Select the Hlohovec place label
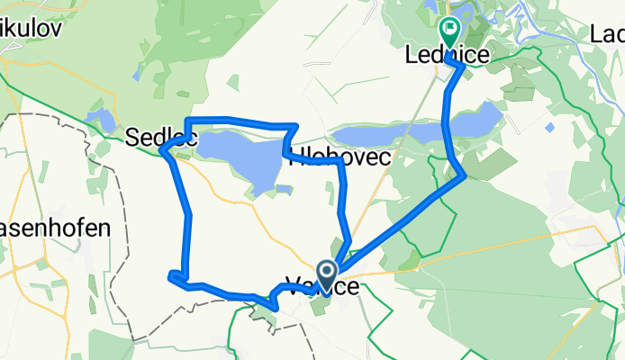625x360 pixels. click(339, 157)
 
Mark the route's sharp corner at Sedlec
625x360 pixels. click(163, 151)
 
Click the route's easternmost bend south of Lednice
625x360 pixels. click(464, 175)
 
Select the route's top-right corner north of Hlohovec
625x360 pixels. click(295, 126)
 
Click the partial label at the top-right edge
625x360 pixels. click(609, 34)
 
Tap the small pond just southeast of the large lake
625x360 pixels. click(284, 189)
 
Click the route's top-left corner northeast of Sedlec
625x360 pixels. click(186, 121)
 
